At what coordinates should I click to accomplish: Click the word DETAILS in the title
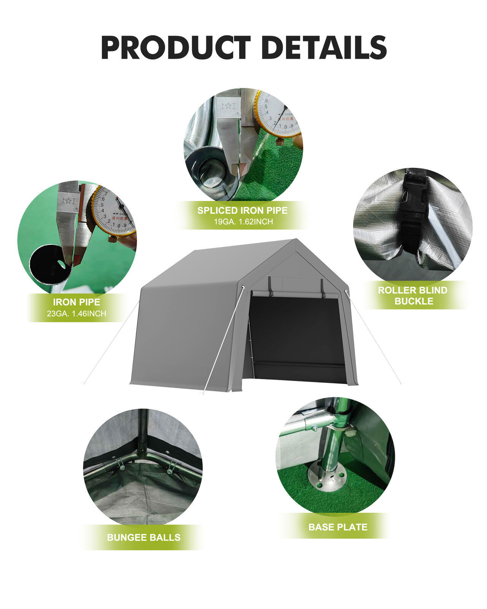tap(325, 48)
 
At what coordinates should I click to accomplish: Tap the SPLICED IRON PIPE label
tap(242, 210)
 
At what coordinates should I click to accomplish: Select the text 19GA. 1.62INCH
tap(243, 222)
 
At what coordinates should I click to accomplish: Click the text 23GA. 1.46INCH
tap(76, 314)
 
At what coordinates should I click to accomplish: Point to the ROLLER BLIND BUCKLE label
tap(413, 295)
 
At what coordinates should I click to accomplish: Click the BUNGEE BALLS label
tap(143, 537)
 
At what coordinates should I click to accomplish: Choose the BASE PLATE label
tap(338, 527)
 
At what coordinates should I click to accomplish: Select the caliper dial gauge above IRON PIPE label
tap(113, 211)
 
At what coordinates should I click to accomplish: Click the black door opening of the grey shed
tap(297, 331)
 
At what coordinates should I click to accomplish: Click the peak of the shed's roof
tap(295, 240)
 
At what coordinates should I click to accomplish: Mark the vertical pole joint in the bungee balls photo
tap(142, 445)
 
